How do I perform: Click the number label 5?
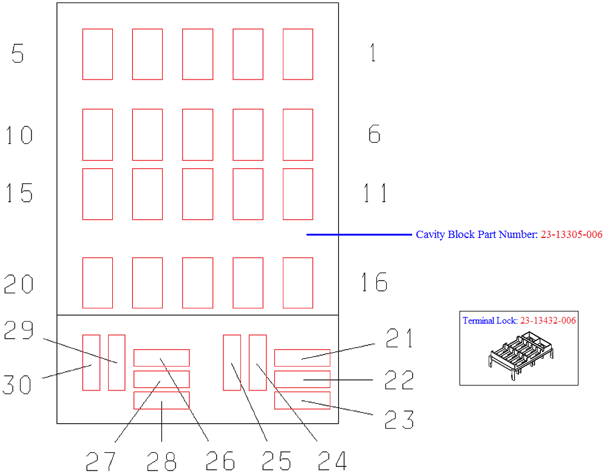point(18,53)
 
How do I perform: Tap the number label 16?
point(374,282)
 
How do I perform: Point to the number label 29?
point(19,330)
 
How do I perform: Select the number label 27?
point(100,461)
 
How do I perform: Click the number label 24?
point(332,460)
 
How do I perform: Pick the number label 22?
point(399,380)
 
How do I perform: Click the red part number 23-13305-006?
point(571,234)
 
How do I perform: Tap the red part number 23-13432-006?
point(548,321)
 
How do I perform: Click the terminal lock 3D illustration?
point(521,355)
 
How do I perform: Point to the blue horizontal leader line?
point(359,234)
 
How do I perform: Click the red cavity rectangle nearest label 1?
point(297,54)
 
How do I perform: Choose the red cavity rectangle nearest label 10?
point(98,135)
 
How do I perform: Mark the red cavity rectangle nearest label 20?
point(98,283)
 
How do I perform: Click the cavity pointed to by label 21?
point(302,358)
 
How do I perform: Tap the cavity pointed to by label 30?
point(92,362)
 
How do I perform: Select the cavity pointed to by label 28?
point(161,401)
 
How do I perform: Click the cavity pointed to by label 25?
point(232,362)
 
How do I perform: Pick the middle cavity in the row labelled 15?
point(197,194)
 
